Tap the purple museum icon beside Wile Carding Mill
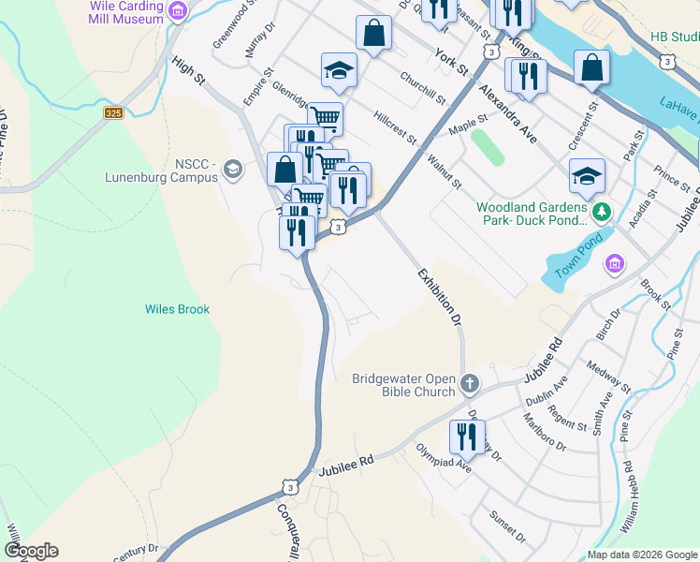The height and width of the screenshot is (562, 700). click(x=178, y=11)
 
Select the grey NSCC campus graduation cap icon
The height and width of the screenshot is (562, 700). click(x=232, y=170)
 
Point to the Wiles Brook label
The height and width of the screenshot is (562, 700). click(x=177, y=309)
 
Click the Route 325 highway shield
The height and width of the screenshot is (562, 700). click(x=114, y=112)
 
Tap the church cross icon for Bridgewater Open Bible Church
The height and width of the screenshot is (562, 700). click(x=470, y=383)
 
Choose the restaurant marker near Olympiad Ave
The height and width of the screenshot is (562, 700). click(x=466, y=436)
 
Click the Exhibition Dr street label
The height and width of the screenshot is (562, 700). click(x=440, y=296)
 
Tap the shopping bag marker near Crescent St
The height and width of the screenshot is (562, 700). click(x=591, y=68)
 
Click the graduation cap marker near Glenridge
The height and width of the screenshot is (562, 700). click(x=340, y=70)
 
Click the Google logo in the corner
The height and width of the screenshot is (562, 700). click(x=31, y=550)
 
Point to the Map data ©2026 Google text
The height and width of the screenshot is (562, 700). click(x=641, y=555)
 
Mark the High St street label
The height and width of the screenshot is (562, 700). click(x=188, y=69)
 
